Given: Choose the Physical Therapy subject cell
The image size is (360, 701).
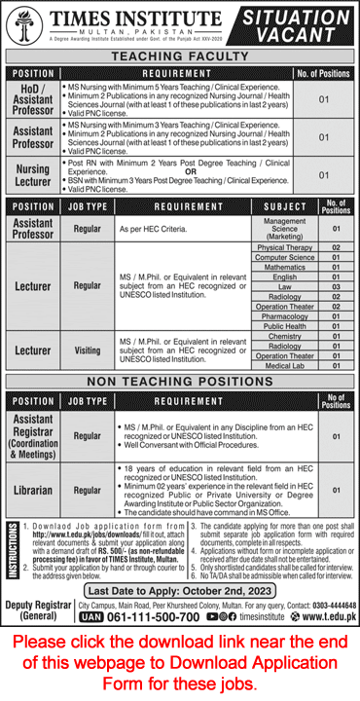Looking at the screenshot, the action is pos(277,247).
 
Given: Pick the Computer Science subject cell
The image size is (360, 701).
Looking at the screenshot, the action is pos(277,257).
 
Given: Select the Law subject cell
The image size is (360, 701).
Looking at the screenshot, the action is pos(277,286).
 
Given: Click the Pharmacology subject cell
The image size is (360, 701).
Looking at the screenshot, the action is pos(277,315).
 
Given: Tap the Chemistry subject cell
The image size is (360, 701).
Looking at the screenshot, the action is pos(277,336).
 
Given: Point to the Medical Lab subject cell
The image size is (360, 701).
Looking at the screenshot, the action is pos(277,365).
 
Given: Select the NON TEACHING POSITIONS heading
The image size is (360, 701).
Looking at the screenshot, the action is pos(180,380).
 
